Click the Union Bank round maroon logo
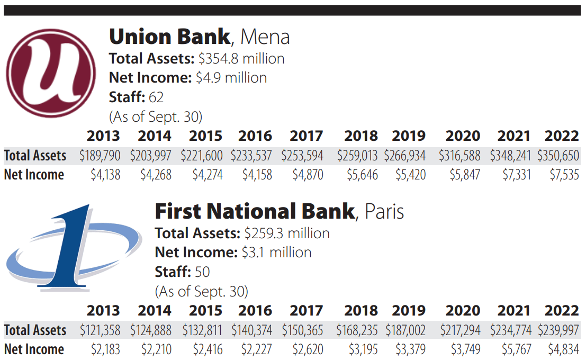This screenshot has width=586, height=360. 51,73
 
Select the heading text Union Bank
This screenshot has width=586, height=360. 169,37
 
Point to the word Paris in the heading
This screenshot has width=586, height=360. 384,212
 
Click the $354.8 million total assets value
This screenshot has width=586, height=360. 241,59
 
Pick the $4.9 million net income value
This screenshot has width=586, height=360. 231,78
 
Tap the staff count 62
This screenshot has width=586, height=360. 156,97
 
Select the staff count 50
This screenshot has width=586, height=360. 202,272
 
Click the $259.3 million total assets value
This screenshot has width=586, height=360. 287,233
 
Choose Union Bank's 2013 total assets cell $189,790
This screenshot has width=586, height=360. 100,156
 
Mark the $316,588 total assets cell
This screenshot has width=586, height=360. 459,156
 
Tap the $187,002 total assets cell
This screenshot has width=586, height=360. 405,330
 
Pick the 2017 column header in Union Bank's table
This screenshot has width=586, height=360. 306,136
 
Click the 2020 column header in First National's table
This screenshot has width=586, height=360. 463,311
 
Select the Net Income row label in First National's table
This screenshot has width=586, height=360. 34,349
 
